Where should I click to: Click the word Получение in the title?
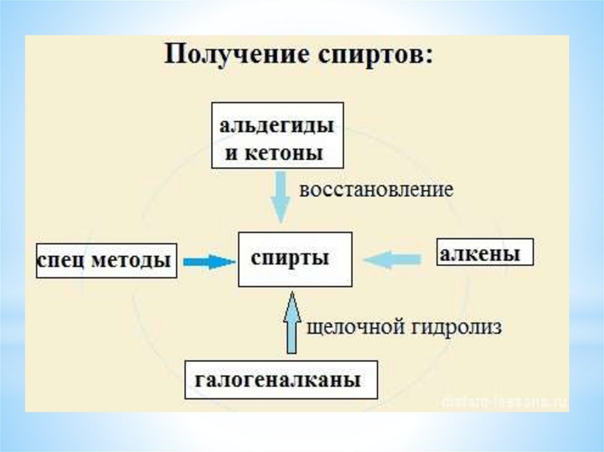point(229,58)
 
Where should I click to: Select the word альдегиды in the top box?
point(277,126)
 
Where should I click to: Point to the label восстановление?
point(376,190)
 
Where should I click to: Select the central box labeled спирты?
point(295,259)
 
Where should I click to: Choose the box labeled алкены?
point(484,253)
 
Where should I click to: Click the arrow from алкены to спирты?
point(392,259)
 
